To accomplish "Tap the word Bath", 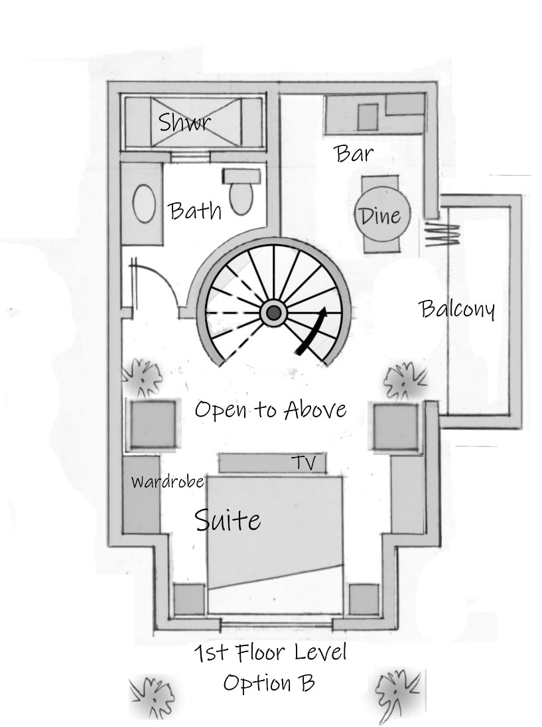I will coord(195,211).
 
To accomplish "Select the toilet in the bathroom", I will coord(241,194).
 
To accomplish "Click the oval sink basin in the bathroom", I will coord(144,204).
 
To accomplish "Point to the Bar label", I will coord(354,154).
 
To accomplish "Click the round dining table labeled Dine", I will coord(381,215).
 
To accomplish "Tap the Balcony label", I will coord(457,309).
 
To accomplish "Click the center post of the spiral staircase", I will coord(273,312).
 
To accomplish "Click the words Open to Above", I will coord(270,409).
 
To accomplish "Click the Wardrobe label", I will coord(167,481).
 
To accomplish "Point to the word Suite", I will coord(228,519).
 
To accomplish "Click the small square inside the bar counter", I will coord(368,117).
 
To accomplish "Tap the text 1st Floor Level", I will coord(270,653).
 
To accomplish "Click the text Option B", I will coord(269,683).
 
